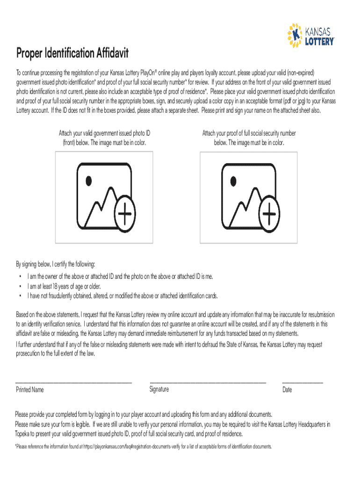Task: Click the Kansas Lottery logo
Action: pos(311,36)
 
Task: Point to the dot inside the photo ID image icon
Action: pos(89,180)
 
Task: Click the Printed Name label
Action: pos(30,390)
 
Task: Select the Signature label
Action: pos(159,389)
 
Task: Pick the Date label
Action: pos(287,390)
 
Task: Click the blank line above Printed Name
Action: pos(74,383)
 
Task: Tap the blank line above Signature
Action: pos(208,383)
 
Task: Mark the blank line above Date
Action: pos(302,383)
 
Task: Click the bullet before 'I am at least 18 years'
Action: pos(20,286)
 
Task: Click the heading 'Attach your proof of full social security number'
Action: pos(249,133)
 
